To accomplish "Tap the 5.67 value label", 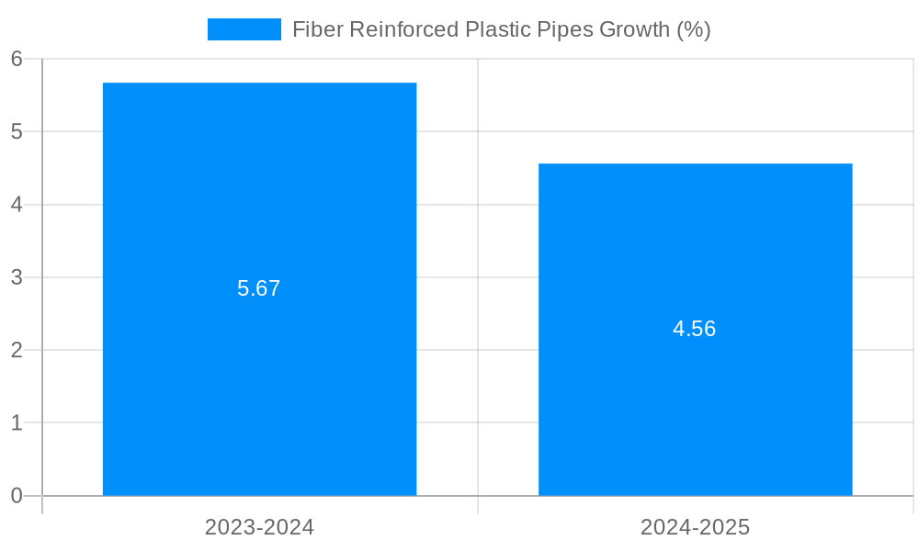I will tap(258, 288).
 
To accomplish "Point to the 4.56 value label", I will tap(694, 329).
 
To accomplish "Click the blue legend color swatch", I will tap(244, 29).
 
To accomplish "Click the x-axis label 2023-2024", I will tap(259, 527).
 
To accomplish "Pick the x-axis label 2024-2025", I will tap(695, 527).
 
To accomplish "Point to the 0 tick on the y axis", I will tap(17, 496).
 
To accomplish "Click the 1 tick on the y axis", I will tap(17, 423).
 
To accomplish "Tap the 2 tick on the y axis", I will tap(17, 350).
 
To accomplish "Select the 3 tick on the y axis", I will tap(17, 277).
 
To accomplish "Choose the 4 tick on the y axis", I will tap(17, 205).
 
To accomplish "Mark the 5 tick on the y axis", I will tap(17, 131).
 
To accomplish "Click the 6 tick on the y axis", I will tap(17, 59).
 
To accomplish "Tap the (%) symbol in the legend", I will tap(694, 29).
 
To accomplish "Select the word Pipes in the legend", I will tap(565, 29).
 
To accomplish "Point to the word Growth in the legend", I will tap(634, 29).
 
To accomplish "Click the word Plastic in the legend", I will tap(497, 29).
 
